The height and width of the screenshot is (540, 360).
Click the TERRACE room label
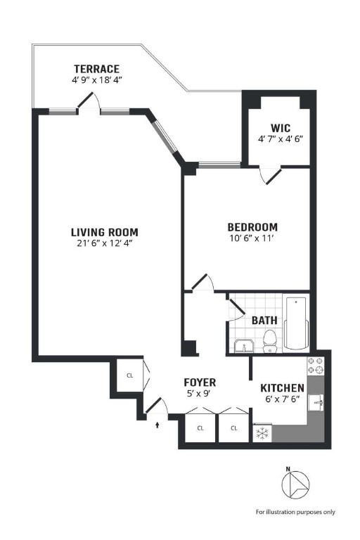(96, 69)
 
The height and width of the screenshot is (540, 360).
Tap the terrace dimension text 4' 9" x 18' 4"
(96, 80)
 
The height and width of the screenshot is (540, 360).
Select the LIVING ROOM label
(104, 232)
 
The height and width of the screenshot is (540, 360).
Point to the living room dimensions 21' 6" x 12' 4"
(104, 244)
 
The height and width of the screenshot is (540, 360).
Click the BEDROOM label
(252, 227)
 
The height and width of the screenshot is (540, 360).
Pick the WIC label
(281, 128)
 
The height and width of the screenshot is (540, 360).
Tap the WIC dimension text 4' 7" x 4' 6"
(281, 139)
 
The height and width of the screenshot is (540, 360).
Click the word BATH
(264, 321)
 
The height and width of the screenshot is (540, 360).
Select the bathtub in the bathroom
(295, 323)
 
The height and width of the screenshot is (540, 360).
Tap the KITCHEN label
(282, 388)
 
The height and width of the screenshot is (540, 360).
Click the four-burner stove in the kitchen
(316, 366)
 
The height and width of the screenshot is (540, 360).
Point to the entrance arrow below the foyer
(157, 424)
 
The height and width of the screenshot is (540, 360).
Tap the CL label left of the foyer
(129, 375)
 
